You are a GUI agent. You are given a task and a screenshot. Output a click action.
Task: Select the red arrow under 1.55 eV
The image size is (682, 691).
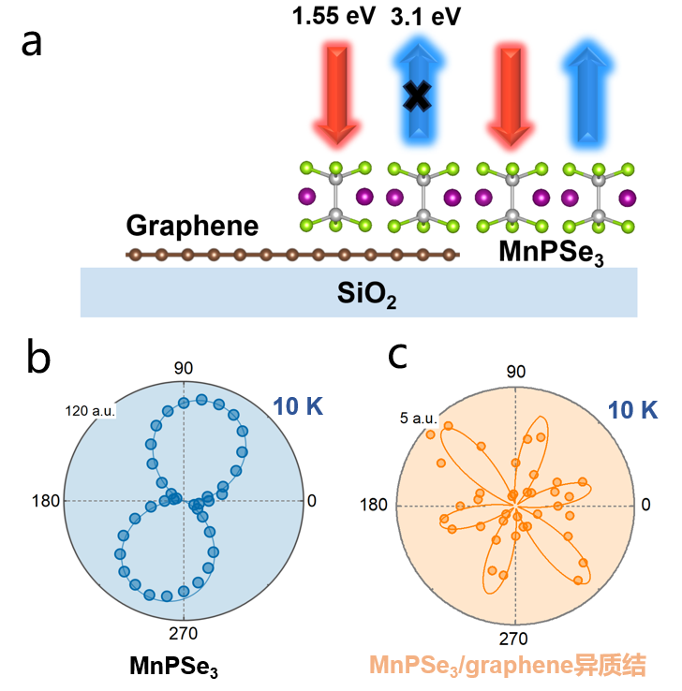point(334,89)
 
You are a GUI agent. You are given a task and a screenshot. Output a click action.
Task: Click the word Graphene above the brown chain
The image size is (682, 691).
point(192,227)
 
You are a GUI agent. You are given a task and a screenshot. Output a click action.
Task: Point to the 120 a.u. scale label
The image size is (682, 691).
point(89,410)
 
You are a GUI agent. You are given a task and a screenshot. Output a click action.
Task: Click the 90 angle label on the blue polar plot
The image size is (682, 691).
point(184,367)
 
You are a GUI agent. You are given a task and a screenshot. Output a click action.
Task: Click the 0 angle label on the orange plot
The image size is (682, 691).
point(646,505)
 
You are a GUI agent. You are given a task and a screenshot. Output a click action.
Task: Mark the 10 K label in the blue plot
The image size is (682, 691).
point(300,405)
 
